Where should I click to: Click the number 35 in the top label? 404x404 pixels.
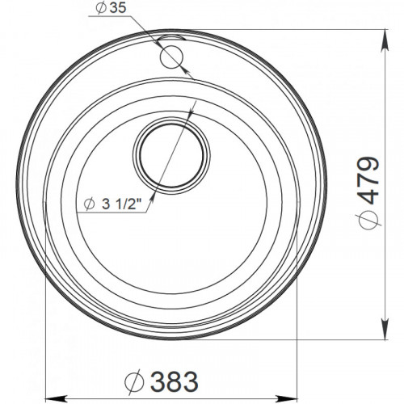coord(118,8)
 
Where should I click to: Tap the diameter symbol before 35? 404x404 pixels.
coord(100,8)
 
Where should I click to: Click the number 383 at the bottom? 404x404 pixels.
coord(175,381)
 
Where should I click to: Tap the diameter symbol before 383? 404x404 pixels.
coord(134,381)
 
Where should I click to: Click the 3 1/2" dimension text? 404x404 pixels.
coord(122,204)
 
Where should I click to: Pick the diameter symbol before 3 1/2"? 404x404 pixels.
coord(89,204)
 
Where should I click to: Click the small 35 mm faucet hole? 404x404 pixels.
coord(171,58)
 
